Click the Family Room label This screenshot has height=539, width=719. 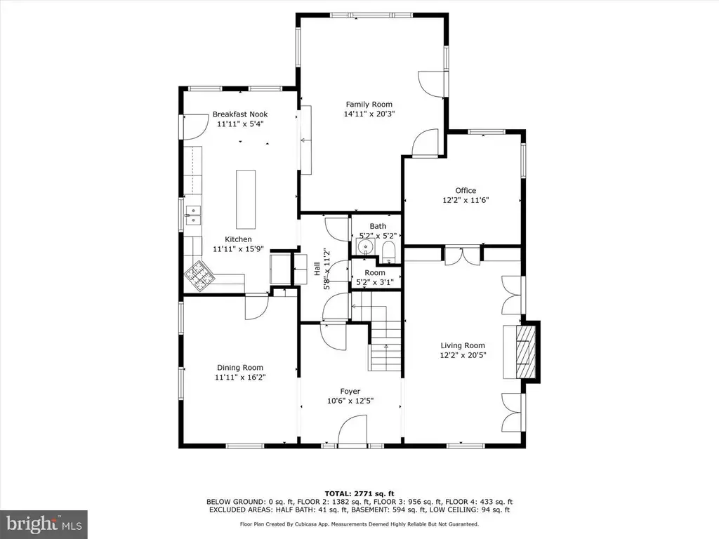pos(369,105)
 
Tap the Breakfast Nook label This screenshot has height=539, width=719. pos(240,114)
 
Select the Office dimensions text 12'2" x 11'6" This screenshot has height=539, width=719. pos(466,200)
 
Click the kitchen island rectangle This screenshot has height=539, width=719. pos(246,199)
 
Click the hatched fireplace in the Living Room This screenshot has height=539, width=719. pos(526,352)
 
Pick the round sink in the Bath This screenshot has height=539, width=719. pos(365,248)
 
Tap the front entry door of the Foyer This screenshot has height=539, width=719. pos(352,430)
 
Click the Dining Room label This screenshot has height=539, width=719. pos(240,368)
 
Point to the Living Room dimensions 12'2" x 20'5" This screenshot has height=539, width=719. pos(463,355)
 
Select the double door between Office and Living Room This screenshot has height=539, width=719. pos(463,255)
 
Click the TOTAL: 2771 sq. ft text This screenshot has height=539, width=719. pos(359,493)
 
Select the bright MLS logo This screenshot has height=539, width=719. pos(44,524)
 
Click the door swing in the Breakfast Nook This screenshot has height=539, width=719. pos(197,127)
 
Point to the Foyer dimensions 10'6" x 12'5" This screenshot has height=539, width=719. pos(350,401)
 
